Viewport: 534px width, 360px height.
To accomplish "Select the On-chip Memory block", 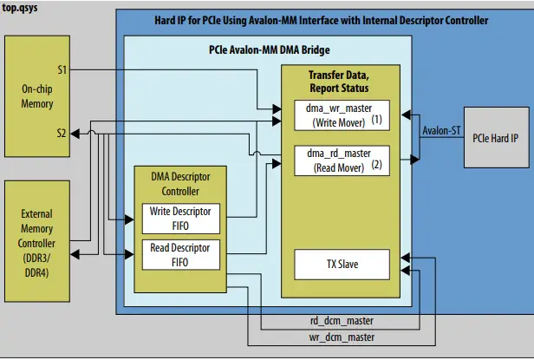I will click(36, 97).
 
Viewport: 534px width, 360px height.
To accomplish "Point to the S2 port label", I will click(62, 133).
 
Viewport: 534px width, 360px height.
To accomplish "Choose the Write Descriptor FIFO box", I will click(180, 218).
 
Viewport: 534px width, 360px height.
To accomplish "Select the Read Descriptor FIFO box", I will click(180, 255).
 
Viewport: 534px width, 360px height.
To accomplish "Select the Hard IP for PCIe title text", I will click(334, 19).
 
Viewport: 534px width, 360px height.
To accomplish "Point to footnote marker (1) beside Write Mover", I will click(376, 117).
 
